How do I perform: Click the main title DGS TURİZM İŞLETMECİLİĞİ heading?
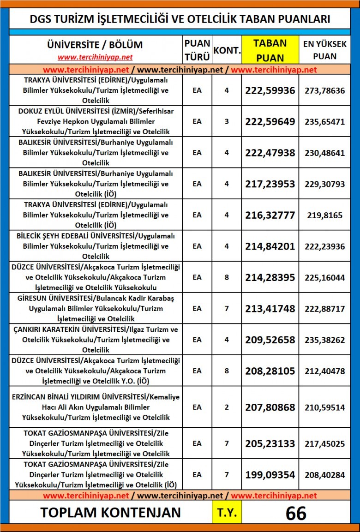tap(180, 19)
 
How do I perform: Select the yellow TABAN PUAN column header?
tap(270, 50)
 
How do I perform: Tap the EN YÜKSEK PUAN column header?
tap(324, 50)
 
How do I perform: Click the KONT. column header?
tap(226, 50)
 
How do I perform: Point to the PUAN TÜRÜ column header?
tap(197, 50)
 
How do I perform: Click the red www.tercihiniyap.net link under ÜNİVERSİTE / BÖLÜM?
tap(95, 57)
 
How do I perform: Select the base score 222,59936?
tap(270, 90)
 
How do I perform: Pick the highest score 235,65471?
tap(324, 122)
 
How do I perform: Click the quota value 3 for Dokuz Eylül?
tap(226, 122)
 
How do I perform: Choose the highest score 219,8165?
tap(324, 215)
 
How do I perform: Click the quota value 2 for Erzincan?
tap(226, 407)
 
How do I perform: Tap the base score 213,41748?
tap(270, 308)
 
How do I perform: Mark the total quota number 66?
tap(296, 513)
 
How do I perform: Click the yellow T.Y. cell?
tap(226, 513)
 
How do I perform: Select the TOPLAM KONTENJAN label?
tap(110, 513)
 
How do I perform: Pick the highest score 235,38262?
tap(324, 340)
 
